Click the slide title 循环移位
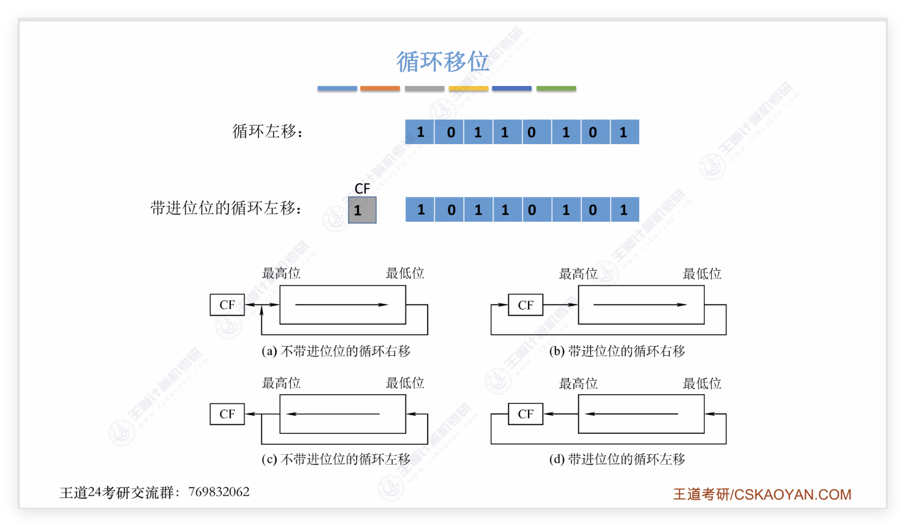[442, 62]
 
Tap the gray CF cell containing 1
[362, 210]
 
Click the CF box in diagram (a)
[227, 305]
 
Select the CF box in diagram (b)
[526, 305]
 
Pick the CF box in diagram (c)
[227, 414]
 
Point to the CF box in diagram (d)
[526, 414]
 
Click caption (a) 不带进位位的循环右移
[336, 351]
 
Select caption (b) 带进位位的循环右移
[617, 351]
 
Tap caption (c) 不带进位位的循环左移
[336, 459]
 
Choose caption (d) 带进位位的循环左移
[617, 459]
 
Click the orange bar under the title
[380, 88]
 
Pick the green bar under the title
[556, 88]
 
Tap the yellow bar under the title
[468, 88]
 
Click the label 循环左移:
[267, 131]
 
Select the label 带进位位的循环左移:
[226, 208]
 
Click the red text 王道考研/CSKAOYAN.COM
[762, 494]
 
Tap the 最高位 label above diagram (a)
[281, 273]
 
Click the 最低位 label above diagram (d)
[702, 383]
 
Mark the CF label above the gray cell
[362, 188]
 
